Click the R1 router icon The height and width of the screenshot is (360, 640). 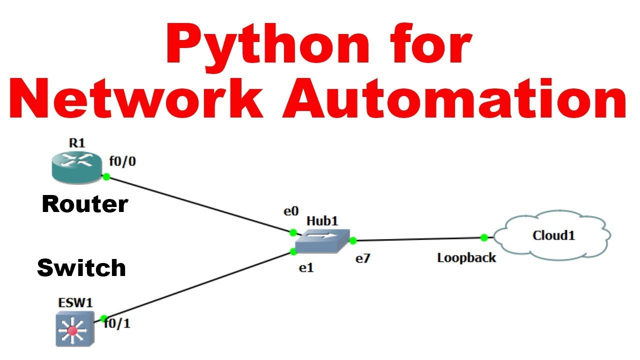[x=76, y=167]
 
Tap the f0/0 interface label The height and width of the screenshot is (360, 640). [x=122, y=161]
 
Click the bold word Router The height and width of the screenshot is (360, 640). [x=85, y=204]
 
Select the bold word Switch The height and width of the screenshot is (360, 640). [x=81, y=268]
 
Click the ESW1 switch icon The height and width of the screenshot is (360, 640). [x=75, y=328]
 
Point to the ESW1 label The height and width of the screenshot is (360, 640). [x=74, y=302]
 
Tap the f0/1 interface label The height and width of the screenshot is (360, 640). [x=118, y=323]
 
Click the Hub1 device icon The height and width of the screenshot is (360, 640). [x=321, y=241]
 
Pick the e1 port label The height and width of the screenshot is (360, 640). [x=306, y=268]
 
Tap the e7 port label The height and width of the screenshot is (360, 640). [x=363, y=259]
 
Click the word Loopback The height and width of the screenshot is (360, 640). [x=466, y=258]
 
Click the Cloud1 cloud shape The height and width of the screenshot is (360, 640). [x=552, y=235]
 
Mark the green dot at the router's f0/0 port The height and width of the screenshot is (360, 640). [x=106, y=176]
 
